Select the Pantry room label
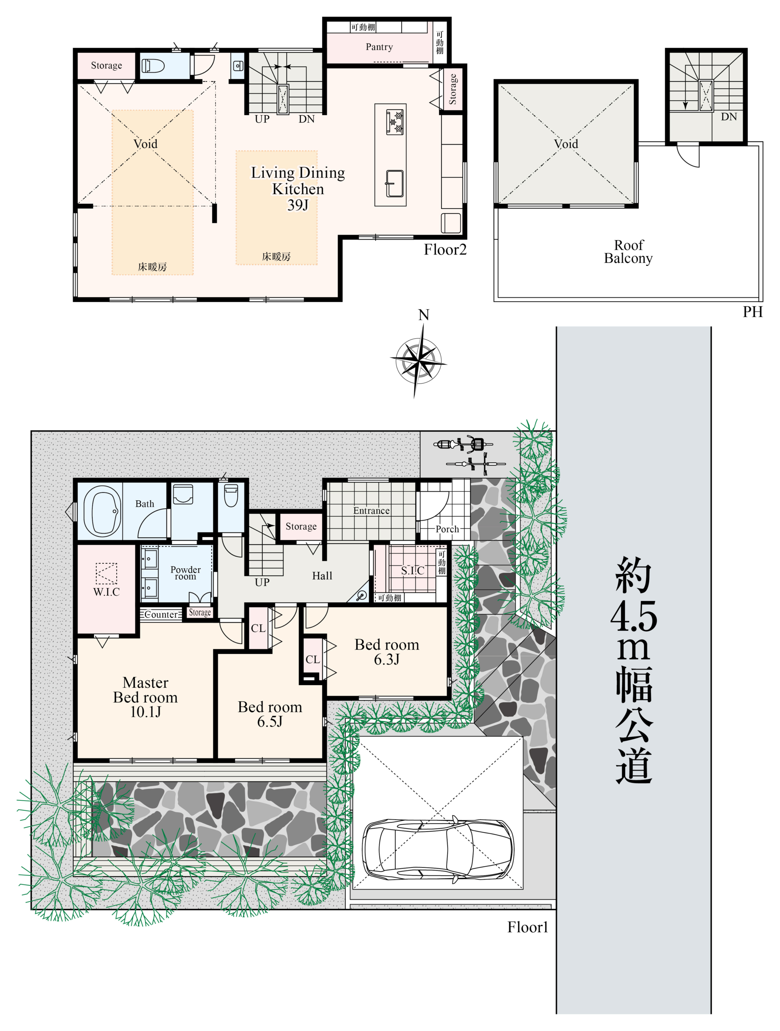click(379, 47)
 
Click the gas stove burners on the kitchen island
click(394, 121)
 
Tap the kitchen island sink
click(394, 184)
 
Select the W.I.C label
click(106, 592)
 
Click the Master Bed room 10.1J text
click(145, 697)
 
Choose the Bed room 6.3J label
click(386, 652)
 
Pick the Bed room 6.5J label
click(270, 714)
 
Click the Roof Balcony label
click(628, 252)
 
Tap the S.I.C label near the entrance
click(413, 571)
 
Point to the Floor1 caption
click(527, 927)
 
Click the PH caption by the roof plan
click(753, 312)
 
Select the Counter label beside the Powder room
click(161, 614)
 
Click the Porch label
click(447, 529)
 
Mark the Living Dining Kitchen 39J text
click(298, 188)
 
